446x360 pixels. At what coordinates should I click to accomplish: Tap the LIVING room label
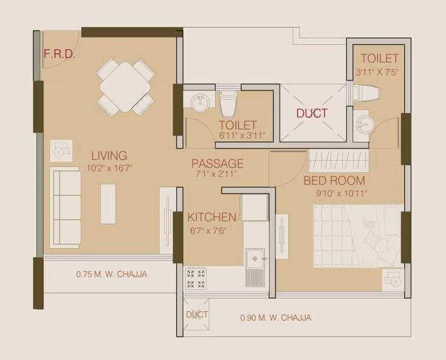click(x=108, y=155)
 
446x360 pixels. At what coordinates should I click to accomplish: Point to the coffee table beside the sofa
click(x=108, y=203)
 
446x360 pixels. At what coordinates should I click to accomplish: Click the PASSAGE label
click(x=217, y=163)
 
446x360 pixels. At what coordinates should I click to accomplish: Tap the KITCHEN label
click(x=212, y=217)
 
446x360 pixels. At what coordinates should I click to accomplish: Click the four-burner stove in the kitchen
click(x=196, y=278)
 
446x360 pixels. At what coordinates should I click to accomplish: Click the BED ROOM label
click(x=334, y=180)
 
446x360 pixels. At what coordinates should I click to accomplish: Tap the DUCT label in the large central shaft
click(x=312, y=114)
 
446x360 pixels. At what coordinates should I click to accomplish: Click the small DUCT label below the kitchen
click(x=197, y=315)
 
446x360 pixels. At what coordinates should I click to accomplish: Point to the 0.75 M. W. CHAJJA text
click(x=111, y=274)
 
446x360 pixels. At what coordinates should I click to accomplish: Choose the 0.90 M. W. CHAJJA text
click(x=275, y=318)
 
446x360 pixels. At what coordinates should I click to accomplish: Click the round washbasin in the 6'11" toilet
click(x=199, y=102)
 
